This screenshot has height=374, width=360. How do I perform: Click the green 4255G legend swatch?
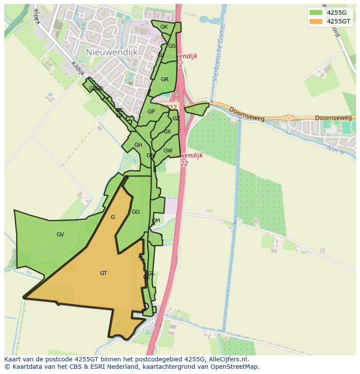[315, 12]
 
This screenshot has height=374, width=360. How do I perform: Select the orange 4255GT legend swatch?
[315, 21]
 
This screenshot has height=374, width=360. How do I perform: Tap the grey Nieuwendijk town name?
[112, 52]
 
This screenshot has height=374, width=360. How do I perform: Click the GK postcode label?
[164, 27]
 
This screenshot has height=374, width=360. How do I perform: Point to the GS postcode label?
[172, 46]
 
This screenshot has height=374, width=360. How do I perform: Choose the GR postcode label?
[164, 79]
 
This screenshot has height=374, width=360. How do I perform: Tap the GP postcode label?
[151, 112]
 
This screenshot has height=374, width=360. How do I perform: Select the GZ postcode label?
[176, 119]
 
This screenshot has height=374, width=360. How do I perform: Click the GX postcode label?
[167, 132]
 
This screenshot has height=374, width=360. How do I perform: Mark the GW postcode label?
[168, 151]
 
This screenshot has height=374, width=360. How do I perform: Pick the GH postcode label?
[138, 145]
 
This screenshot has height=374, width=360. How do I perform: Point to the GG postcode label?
[136, 212]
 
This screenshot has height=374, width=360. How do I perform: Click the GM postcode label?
[156, 221]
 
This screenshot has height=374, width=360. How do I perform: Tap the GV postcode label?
[60, 235]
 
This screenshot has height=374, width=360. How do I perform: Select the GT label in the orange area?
[103, 273]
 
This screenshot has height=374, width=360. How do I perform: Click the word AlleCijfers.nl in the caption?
[227, 359]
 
